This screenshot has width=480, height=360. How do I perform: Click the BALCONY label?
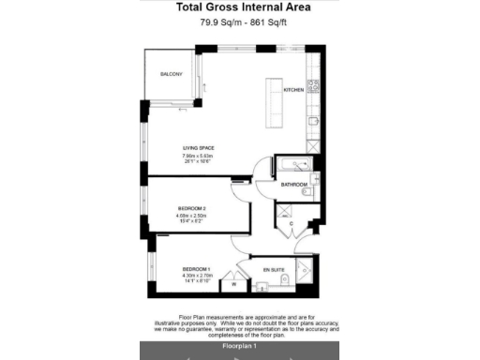170,75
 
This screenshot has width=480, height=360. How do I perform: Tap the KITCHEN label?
293,90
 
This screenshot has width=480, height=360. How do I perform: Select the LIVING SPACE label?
198,147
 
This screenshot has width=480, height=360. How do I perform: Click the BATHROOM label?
293,185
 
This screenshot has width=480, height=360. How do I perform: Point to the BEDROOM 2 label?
191,208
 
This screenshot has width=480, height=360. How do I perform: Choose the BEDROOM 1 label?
196,268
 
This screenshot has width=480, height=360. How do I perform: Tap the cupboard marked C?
291,224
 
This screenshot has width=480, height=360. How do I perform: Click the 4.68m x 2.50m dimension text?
191,217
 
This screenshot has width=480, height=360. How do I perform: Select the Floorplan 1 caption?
239,347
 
